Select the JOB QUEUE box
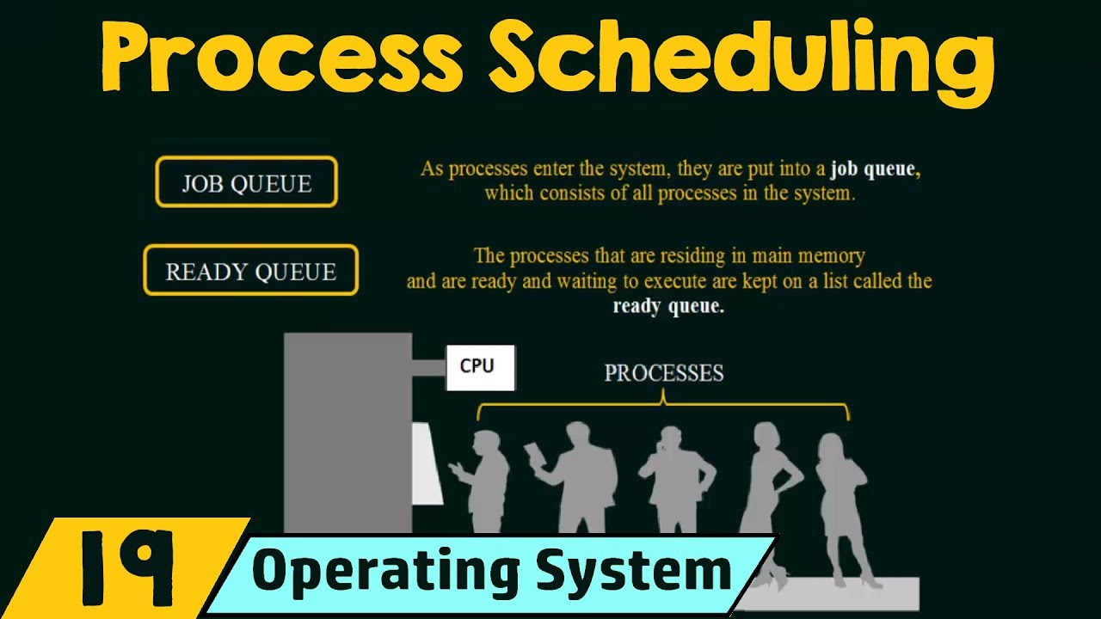click(x=246, y=182)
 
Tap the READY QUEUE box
click(x=250, y=271)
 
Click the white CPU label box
click(x=479, y=367)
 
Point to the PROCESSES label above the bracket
click(x=663, y=373)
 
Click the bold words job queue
click(x=874, y=169)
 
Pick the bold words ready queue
click(x=668, y=306)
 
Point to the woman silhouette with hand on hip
click(x=771, y=490)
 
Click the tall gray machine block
click(x=348, y=430)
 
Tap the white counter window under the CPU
click(x=427, y=464)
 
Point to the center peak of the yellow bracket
click(x=663, y=396)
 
